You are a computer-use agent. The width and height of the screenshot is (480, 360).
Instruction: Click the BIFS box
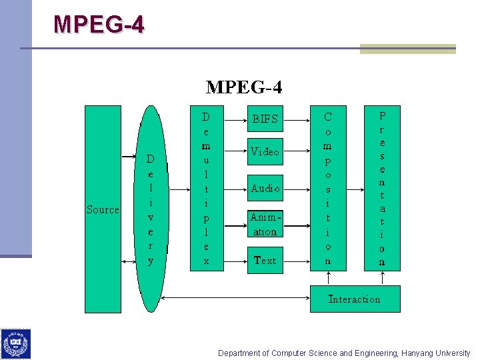coord(265,119)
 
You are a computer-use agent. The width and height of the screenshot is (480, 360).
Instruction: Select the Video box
coord(265,152)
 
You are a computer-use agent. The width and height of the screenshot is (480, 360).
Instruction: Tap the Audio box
coord(265,189)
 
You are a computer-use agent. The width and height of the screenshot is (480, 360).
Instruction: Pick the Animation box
coord(265,224)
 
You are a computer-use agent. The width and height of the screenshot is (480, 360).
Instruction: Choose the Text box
coord(265,260)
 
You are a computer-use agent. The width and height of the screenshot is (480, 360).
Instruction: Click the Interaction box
coord(355,299)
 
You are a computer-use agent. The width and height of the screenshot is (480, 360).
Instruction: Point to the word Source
coord(103,210)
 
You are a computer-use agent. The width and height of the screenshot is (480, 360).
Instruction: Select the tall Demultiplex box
coord(206,187)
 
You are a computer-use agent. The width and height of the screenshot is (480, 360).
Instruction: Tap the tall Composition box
coord(328,187)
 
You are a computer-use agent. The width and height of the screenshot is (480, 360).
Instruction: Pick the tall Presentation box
coord(382,187)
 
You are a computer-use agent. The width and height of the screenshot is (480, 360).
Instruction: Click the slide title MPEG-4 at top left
coord(98,25)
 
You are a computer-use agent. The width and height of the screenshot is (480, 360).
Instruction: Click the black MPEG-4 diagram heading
coord(244,87)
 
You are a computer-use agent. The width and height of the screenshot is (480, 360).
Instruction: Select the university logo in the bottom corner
coord(15,344)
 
